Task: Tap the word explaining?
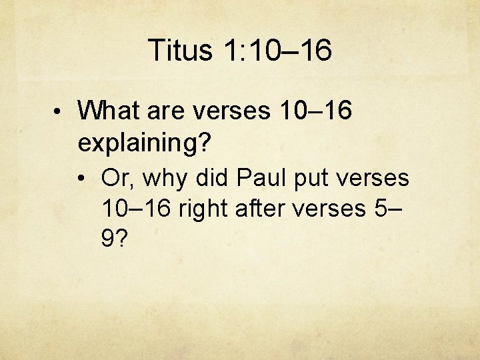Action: pos(145,142)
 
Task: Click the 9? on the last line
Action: pos(113,239)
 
